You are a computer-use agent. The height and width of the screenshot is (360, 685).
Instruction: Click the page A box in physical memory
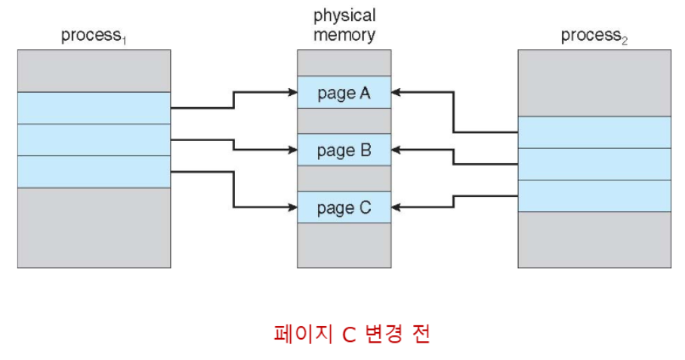pos(344,93)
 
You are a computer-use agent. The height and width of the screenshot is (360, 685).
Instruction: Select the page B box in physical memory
pos(344,149)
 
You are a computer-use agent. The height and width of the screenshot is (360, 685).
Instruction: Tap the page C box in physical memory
pos(344,208)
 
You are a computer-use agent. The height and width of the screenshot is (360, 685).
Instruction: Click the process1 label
pos(94,35)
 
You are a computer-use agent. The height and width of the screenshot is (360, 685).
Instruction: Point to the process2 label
pos(594,35)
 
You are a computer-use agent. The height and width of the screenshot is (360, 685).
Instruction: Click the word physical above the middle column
pos(344,16)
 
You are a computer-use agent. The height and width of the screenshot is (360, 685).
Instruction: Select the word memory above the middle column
pos(344,35)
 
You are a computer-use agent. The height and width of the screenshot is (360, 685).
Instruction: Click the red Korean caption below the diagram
pos(352,334)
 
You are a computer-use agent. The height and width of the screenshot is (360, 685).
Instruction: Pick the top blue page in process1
pos(94,108)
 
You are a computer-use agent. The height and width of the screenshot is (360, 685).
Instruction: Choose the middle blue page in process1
pos(94,140)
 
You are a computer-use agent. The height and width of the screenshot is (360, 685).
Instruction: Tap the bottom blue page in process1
pos(94,172)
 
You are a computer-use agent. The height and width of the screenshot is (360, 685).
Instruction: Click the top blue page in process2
pos(594,132)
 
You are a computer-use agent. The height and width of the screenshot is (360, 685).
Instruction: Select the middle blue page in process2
pos(594,164)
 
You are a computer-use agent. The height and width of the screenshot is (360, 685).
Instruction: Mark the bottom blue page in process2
pos(594,196)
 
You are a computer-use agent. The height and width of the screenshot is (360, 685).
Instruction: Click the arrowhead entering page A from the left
pos(293,92)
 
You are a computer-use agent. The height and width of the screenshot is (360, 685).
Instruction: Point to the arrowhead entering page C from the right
pos(396,208)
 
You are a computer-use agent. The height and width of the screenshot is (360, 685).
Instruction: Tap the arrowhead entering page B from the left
pos(293,149)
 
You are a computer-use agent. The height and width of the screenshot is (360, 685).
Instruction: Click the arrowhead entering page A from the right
pos(396,92)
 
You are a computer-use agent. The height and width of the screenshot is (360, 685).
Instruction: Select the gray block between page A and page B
pos(344,121)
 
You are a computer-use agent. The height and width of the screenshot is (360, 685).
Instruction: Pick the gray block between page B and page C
pos(344,178)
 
